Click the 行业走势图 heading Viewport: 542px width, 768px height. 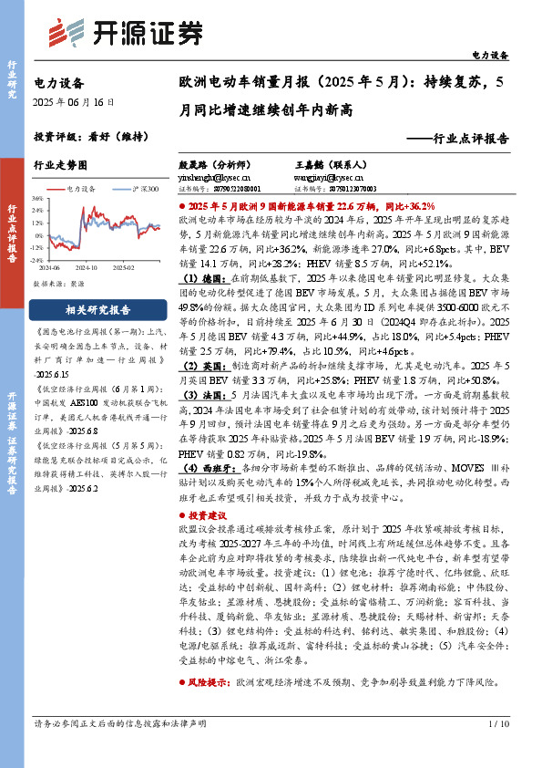point(60,165)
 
